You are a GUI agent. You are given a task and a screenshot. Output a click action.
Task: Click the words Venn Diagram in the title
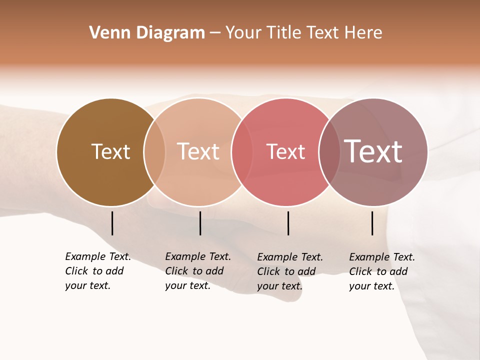tap(147, 33)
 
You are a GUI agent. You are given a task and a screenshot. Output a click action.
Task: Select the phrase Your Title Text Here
tap(303, 33)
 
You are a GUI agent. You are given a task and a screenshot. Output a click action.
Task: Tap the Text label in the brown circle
tap(110, 151)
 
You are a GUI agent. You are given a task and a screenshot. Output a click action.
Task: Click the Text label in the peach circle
tap(198, 151)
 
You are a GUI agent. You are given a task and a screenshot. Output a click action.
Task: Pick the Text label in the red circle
tap(285, 152)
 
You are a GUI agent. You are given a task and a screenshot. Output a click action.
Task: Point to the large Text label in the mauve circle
tap(373, 151)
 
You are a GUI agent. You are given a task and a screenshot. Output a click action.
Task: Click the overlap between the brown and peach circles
tap(154, 152)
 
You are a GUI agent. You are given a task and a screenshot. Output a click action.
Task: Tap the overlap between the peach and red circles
tap(242, 152)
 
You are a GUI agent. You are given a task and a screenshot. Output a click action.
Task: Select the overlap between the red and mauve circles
tap(329, 152)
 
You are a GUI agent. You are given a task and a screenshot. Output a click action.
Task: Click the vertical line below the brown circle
tap(112, 223)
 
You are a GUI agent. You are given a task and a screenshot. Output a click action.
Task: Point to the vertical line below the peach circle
tap(200, 223)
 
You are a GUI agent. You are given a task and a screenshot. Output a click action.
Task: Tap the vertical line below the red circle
tap(288, 223)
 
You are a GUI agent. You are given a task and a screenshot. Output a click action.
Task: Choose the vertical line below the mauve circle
tap(372, 223)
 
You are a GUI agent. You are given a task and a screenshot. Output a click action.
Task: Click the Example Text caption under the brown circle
tap(98, 271)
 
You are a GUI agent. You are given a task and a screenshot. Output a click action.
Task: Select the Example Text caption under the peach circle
tap(198, 271)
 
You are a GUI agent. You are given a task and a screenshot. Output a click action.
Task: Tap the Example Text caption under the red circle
tap(290, 271)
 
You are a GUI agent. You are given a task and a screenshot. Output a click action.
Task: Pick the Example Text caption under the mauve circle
tap(382, 271)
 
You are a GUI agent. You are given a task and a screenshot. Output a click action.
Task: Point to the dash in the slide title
tap(215, 33)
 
